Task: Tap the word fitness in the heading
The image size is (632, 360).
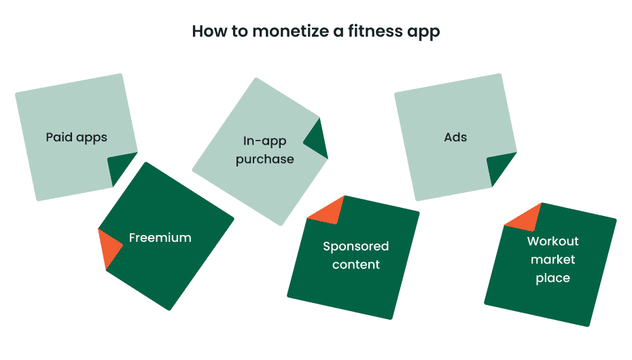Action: point(363,32)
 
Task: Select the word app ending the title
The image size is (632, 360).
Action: point(423,33)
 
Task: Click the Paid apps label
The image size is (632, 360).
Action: point(77,137)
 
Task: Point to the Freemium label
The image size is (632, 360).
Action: point(160,238)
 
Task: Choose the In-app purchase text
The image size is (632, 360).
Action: point(265,150)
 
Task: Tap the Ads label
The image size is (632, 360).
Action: point(455,137)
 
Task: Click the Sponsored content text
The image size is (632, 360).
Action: point(355,255)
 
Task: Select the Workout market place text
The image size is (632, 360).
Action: point(553,259)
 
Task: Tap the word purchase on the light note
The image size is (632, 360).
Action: point(265,159)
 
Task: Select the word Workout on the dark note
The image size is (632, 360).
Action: point(553,241)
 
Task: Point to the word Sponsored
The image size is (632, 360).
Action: point(355,246)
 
